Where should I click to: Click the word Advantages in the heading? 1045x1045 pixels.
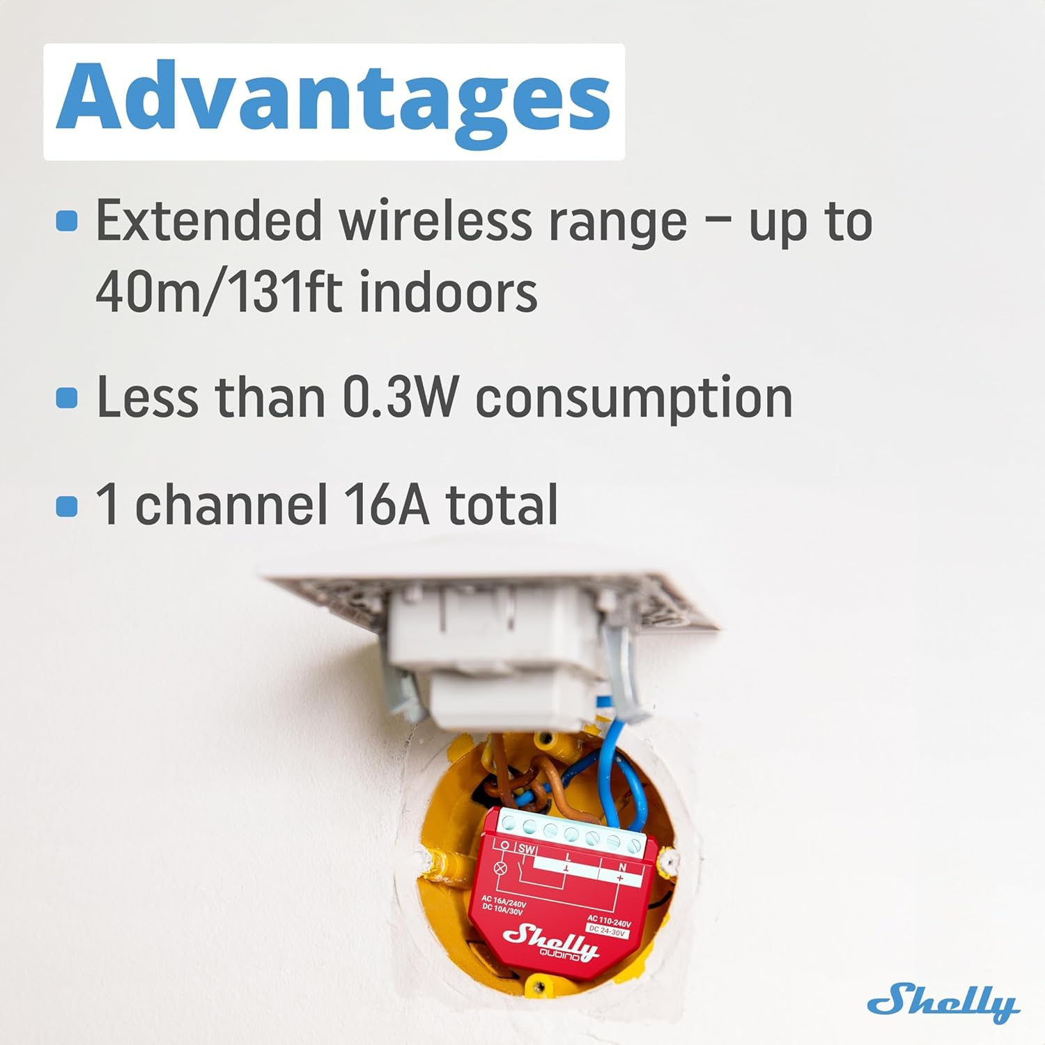(x=334, y=101)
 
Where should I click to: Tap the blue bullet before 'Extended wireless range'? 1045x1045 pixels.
(x=67, y=221)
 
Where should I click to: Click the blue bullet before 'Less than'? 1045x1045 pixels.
(x=67, y=398)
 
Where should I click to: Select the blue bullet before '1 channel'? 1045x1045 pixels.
(x=67, y=505)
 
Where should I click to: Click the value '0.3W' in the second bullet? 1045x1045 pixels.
(x=401, y=398)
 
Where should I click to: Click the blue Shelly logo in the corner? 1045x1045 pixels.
(x=943, y=1003)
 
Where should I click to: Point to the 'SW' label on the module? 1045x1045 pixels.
(x=526, y=849)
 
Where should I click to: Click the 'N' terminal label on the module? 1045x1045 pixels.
(x=621, y=867)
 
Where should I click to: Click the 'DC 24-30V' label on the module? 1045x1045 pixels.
(x=607, y=931)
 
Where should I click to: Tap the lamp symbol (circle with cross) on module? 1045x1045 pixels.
(x=500, y=869)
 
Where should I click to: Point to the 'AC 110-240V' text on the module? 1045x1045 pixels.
(x=610, y=920)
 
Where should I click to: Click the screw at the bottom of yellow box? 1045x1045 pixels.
(x=538, y=986)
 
